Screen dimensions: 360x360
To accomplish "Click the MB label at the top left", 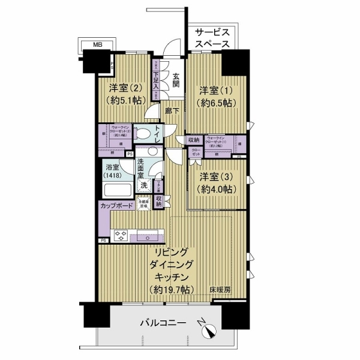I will [97, 44].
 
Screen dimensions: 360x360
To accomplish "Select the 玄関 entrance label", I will [177, 80].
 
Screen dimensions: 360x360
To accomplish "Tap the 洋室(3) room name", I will [216, 177].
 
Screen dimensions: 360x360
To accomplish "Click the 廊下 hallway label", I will [173, 110].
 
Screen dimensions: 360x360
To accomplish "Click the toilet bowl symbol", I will [142, 134].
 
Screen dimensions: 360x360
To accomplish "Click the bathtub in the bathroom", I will [117, 191].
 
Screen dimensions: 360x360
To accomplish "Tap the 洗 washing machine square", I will [144, 185].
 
